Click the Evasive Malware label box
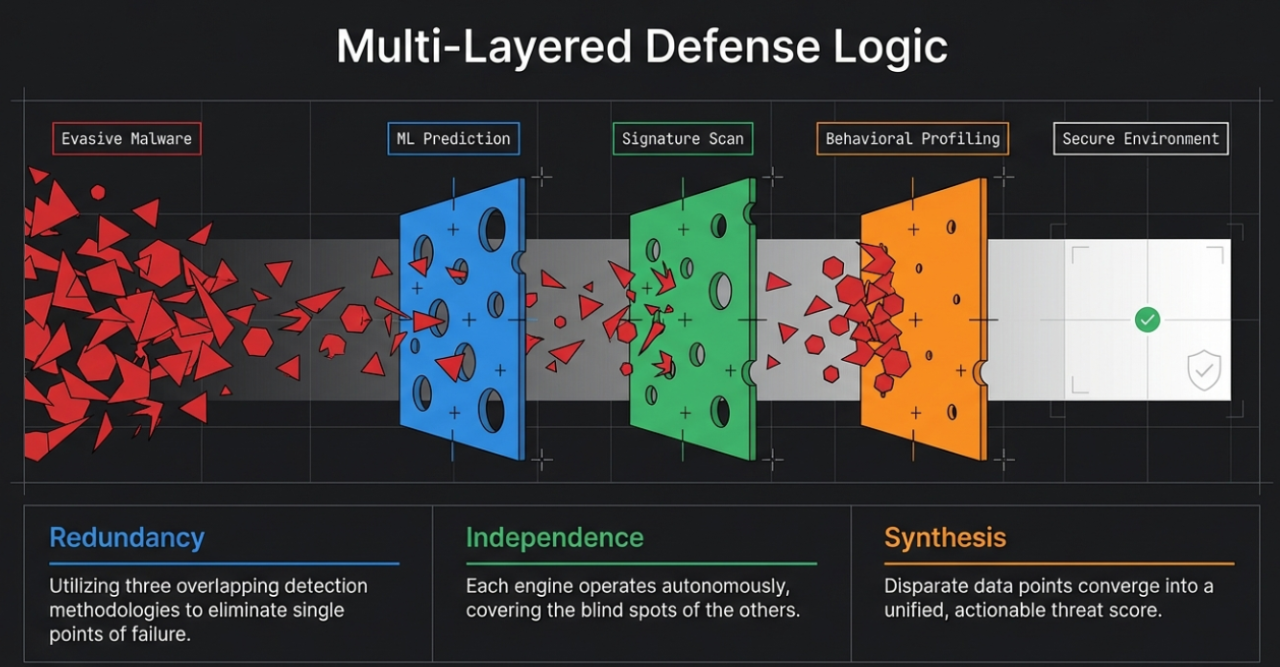tap(127, 139)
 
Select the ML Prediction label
tap(454, 139)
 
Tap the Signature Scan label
tap(683, 139)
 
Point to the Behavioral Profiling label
tap(912, 139)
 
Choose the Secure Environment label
tap(1141, 139)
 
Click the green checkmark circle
tap(1147, 320)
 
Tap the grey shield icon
tap(1204, 370)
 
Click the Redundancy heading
tap(127, 538)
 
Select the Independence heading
tap(555, 538)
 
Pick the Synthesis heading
tap(945, 538)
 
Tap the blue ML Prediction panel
tap(463, 320)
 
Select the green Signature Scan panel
tap(692, 320)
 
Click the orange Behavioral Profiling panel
tap(924, 320)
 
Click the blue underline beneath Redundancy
tap(224, 563)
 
